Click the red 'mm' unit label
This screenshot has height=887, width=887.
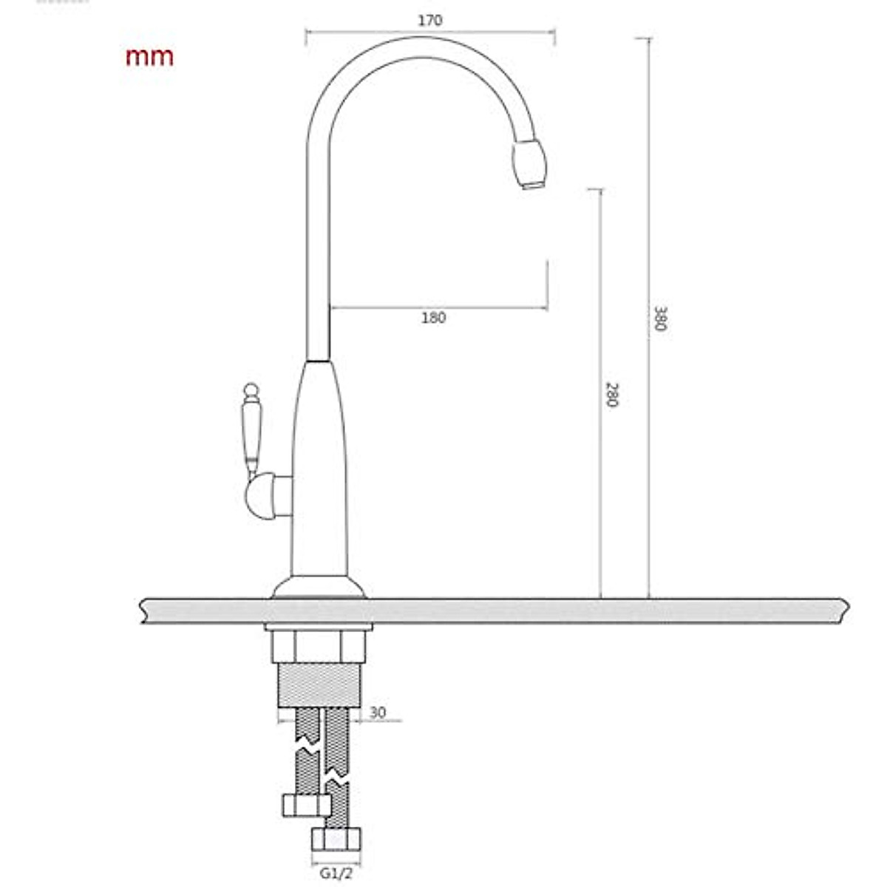pyautogui.click(x=149, y=57)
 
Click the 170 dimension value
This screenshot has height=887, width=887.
pyautogui.click(x=430, y=21)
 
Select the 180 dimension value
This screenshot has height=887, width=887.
pyautogui.click(x=434, y=318)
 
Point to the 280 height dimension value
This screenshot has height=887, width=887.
pyautogui.click(x=611, y=395)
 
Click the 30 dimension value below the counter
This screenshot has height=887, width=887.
pyautogui.click(x=378, y=713)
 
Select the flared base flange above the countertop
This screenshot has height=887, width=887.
pyautogui.click(x=319, y=588)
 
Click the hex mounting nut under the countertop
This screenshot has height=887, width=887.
pyautogui.click(x=319, y=647)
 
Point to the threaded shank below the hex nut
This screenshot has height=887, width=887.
pyautogui.click(x=319, y=686)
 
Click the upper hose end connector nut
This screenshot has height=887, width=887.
pyautogui.click(x=305, y=805)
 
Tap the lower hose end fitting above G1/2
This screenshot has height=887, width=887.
pyautogui.click(x=336, y=840)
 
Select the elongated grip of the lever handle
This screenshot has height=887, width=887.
pyautogui.click(x=251, y=432)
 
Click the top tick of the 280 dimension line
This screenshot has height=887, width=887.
pyautogui.click(x=599, y=190)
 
